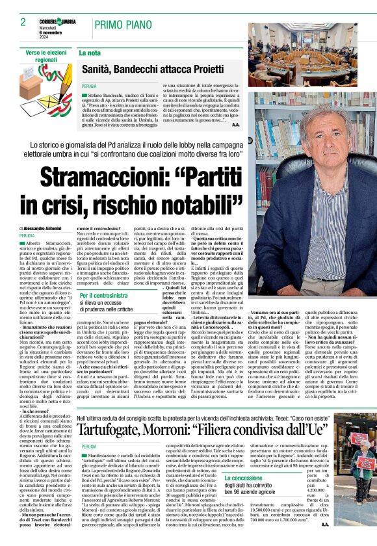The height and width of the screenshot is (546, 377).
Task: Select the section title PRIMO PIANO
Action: (125, 25)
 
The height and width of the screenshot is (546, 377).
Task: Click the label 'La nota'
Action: (90, 53)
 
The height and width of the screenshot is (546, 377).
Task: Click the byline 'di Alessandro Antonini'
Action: (45, 229)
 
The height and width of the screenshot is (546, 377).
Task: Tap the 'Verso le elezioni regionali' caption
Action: (47, 55)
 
